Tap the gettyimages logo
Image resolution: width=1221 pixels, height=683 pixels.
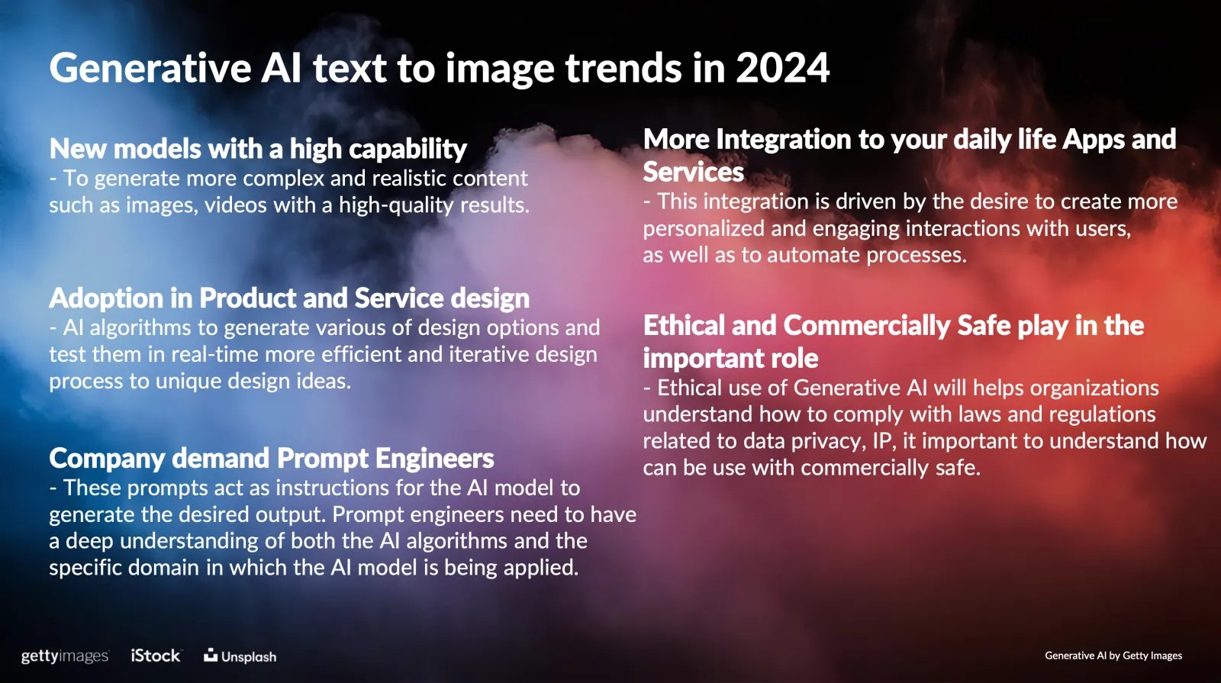point(65,656)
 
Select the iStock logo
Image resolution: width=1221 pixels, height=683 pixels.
point(156,656)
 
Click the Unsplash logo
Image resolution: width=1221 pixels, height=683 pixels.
point(240,656)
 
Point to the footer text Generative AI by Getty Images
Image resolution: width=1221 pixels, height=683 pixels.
point(1113,656)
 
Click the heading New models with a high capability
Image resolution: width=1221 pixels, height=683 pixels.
point(258,148)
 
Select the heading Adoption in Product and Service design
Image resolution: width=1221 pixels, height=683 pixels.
point(289,298)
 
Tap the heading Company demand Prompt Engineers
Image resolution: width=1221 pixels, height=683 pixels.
point(272,458)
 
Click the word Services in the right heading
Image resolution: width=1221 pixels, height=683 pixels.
point(694,172)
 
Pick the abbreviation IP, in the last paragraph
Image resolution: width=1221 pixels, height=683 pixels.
point(884,441)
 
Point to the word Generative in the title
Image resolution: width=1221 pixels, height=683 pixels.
point(150,68)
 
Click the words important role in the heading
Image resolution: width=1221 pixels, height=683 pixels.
point(730,358)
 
